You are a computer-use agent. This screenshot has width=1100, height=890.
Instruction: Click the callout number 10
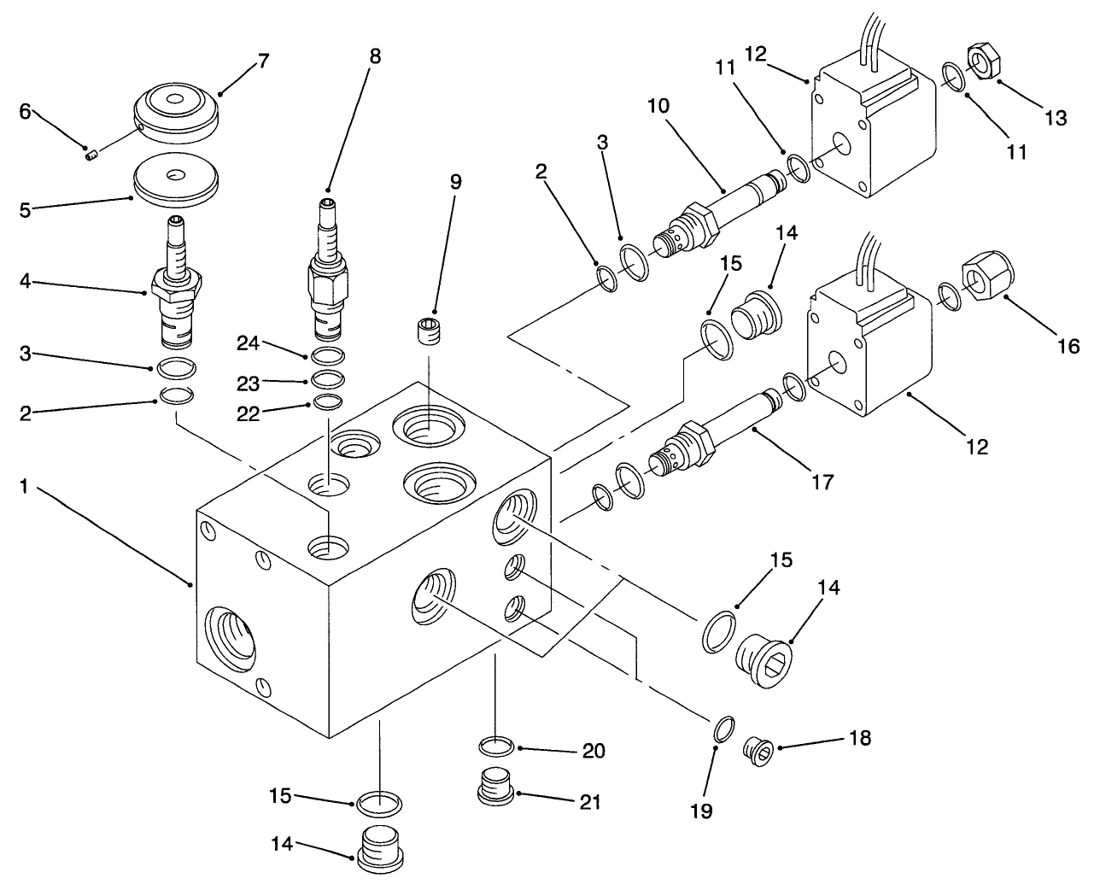tap(658, 106)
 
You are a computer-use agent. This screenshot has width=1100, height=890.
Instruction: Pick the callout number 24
tap(248, 343)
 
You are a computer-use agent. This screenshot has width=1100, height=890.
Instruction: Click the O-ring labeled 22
tap(327, 401)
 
